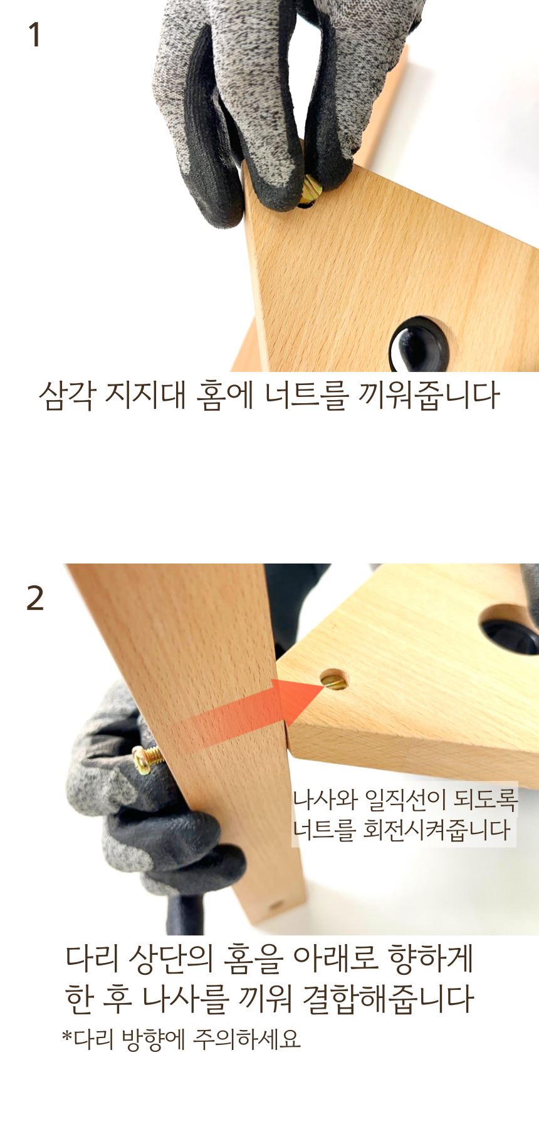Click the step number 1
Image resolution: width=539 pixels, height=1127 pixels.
(35, 35)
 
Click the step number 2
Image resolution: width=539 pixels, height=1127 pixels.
(35, 598)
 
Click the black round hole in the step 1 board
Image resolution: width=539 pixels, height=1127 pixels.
(419, 345)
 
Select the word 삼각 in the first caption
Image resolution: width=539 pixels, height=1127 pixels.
(68, 396)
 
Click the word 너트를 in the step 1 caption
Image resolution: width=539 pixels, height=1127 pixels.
(304, 396)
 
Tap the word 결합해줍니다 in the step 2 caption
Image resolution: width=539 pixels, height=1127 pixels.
(388, 999)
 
